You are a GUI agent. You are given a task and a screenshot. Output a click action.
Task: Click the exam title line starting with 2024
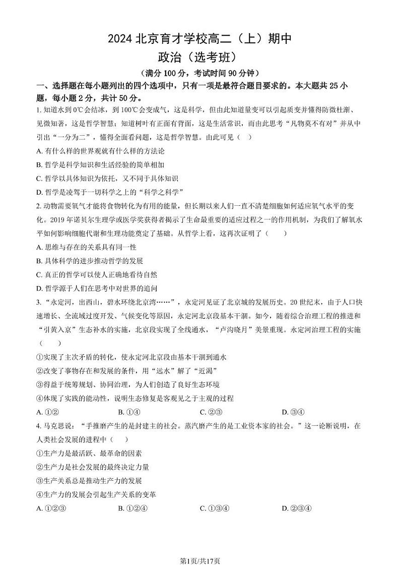[x=199, y=40]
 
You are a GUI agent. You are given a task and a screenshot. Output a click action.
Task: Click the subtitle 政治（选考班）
[x=199, y=58]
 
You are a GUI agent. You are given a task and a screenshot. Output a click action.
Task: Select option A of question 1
[x=101, y=151]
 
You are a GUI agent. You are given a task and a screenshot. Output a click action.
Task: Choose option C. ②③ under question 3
[x=212, y=412]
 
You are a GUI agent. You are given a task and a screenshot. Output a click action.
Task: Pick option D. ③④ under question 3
[x=294, y=412]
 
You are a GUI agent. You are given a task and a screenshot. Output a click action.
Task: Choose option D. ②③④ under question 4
[x=297, y=508]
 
